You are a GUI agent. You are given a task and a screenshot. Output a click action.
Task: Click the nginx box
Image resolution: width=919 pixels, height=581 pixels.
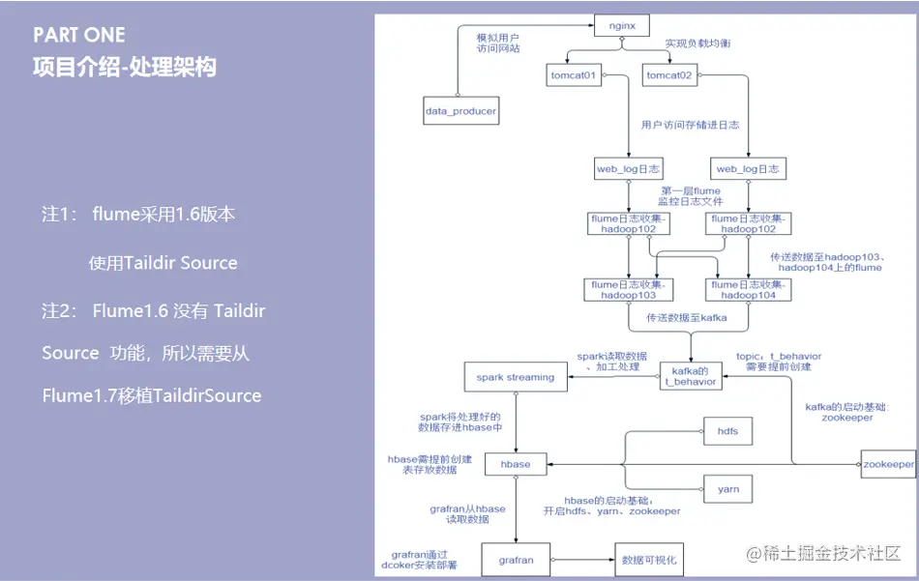pyautogui.click(x=621, y=24)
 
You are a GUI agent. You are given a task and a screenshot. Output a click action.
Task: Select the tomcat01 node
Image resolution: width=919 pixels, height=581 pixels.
pyautogui.click(x=574, y=75)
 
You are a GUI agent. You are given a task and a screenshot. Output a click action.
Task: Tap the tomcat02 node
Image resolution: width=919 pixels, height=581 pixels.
pyautogui.click(x=670, y=75)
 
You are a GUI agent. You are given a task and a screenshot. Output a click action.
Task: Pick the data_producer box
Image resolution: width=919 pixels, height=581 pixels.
pyautogui.click(x=460, y=111)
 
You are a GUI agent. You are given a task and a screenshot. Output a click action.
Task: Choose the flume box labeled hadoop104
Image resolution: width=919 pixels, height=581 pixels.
pyautogui.click(x=750, y=290)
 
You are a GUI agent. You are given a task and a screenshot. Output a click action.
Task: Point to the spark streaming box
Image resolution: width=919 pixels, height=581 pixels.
pyautogui.click(x=516, y=377)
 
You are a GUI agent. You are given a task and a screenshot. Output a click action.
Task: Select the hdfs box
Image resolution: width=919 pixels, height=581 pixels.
pyautogui.click(x=728, y=431)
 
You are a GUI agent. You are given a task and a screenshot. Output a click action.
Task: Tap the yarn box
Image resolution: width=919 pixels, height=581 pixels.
pyautogui.click(x=728, y=489)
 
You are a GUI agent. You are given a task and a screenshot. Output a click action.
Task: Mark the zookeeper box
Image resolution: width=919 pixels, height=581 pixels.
pyautogui.click(x=888, y=465)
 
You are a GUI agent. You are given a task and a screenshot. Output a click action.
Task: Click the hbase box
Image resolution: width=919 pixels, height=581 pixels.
pyautogui.click(x=516, y=465)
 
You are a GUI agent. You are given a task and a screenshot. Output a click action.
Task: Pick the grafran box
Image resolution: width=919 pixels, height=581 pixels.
pyautogui.click(x=516, y=560)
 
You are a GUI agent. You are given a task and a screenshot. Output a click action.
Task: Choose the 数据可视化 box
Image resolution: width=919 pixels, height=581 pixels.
pyautogui.click(x=648, y=560)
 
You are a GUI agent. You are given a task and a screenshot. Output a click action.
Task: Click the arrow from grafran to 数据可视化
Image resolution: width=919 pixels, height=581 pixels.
pyautogui.click(x=581, y=560)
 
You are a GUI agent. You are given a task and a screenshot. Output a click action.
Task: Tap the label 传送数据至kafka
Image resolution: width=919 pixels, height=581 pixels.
pyautogui.click(x=687, y=317)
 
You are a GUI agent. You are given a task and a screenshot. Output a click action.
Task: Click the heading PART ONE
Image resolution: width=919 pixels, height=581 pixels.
pyautogui.click(x=79, y=35)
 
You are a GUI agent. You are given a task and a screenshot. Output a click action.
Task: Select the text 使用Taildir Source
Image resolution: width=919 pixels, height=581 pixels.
pyautogui.click(x=163, y=263)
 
